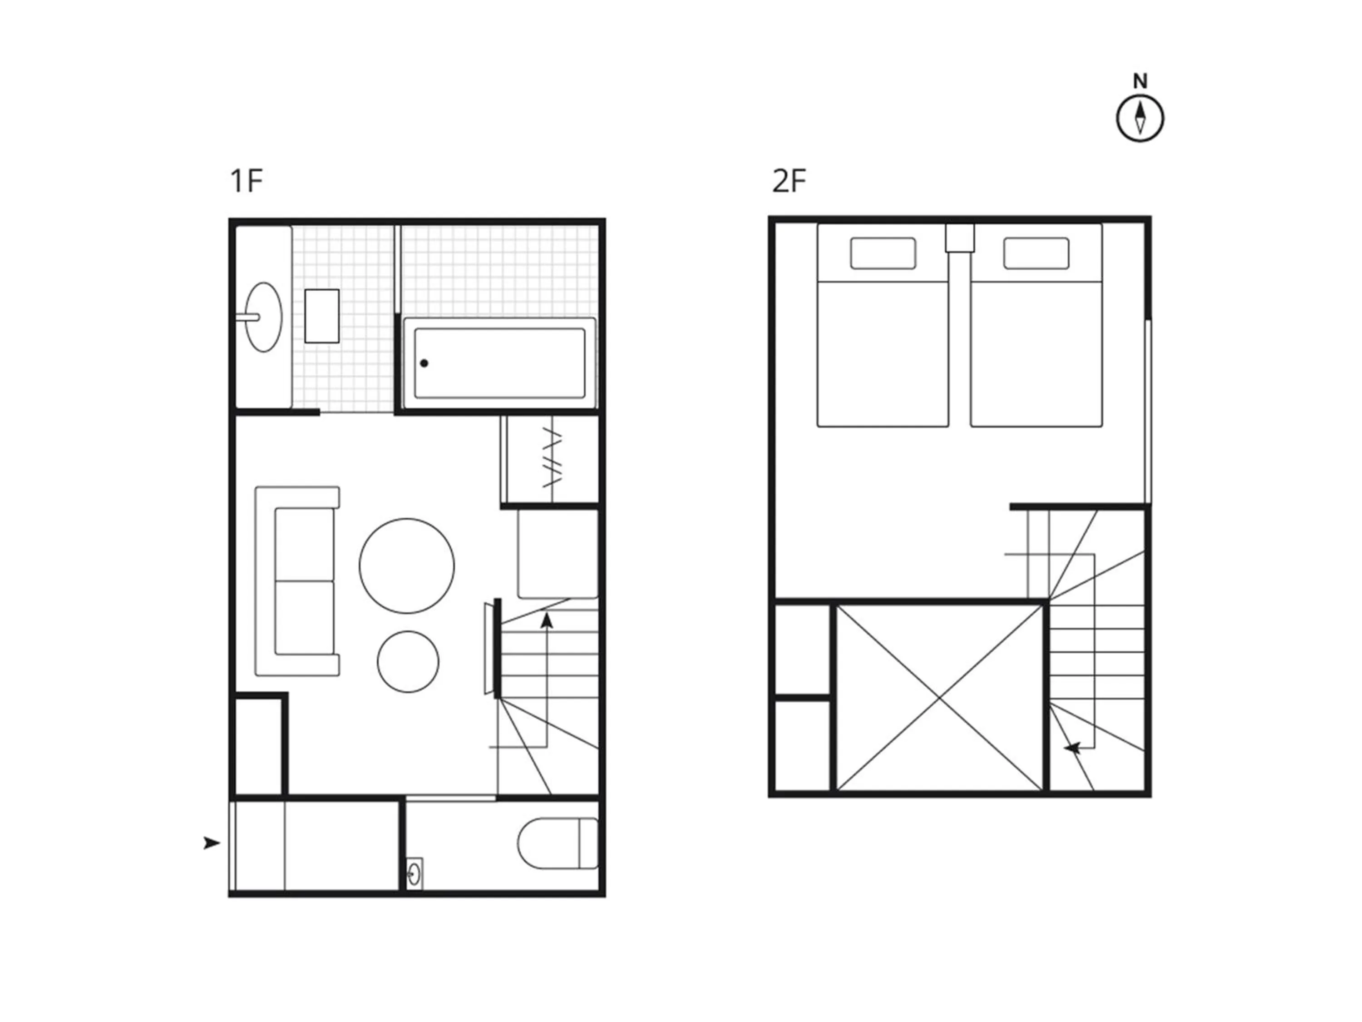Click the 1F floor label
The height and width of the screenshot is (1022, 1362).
pos(246,181)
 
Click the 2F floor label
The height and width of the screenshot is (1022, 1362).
pos(789,181)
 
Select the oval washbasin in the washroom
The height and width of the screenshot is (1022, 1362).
pos(263,317)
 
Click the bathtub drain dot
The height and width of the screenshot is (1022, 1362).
pos(424,363)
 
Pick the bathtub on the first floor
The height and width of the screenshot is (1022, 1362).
pos(499,363)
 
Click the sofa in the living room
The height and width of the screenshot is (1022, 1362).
pos(297,581)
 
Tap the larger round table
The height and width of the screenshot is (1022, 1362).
pos(407,566)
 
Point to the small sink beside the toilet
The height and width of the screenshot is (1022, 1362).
pos(415,873)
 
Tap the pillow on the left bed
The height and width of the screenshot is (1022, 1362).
pos(883,253)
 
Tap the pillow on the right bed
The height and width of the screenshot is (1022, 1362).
pos(1036,253)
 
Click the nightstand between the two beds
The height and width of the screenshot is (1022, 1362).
pos(960,238)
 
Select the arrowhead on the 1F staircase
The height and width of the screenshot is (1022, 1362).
pos(546,620)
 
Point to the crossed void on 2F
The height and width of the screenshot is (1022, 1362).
pos(940,698)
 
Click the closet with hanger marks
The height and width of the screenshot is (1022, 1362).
pos(552,460)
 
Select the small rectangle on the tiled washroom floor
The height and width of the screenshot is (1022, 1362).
pos(322,316)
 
